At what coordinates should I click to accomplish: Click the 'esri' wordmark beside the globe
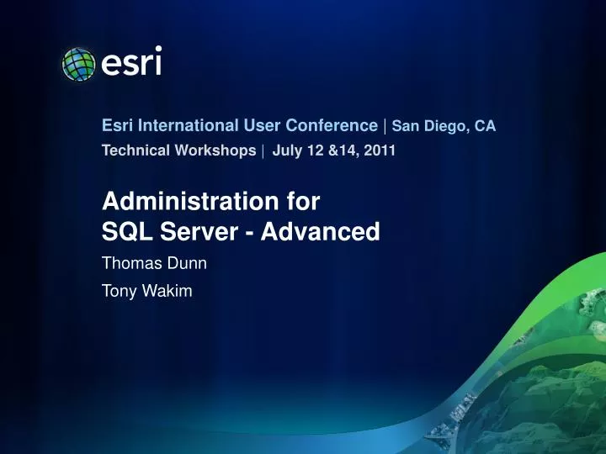pos(131,61)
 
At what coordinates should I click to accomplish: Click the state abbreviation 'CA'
pos(485,127)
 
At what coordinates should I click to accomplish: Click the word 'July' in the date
pos(286,150)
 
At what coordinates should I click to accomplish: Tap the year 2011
pos(381,150)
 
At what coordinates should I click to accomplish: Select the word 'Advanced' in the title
pos(321,231)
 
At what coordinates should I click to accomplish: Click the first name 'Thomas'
pos(130,263)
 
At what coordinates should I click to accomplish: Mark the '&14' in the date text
pos(338,150)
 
